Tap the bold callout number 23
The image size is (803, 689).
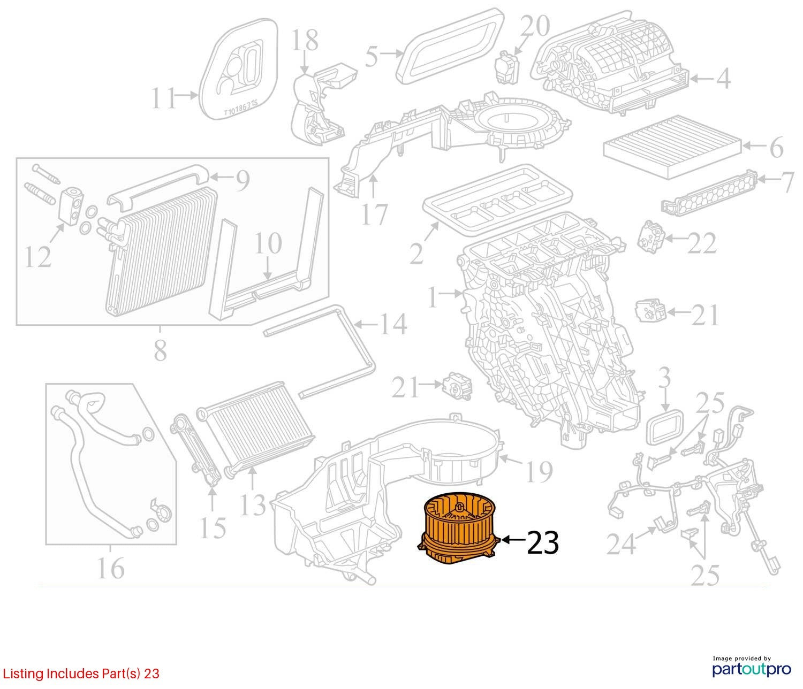[x=543, y=542]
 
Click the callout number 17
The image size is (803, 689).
[x=375, y=214]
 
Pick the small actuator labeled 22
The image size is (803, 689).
[x=652, y=236]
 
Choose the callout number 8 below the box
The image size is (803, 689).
[x=161, y=350]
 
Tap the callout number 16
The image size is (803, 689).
[x=111, y=568]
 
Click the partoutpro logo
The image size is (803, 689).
[x=752, y=670]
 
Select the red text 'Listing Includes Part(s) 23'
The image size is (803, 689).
[x=81, y=673]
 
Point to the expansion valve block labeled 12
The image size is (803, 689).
[x=72, y=206]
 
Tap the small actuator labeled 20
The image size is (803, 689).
[x=506, y=65]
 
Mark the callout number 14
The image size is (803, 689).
[x=393, y=324]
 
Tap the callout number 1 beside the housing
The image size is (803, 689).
[x=431, y=298]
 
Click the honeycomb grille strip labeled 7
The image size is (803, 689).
[x=709, y=192]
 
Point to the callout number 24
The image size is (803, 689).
[x=621, y=543]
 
